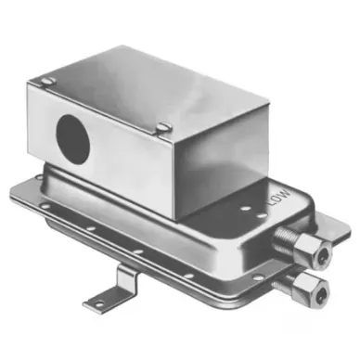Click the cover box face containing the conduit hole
coord(102,148)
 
